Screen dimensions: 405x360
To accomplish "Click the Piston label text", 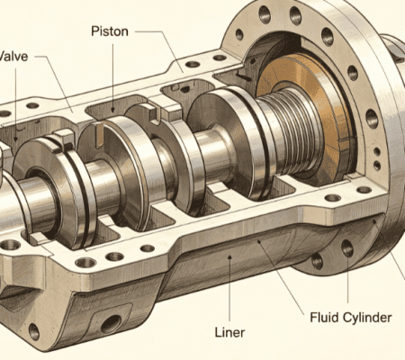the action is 110,31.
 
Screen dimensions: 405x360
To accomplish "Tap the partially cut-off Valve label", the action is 13,57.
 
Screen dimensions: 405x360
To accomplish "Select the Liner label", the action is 229,332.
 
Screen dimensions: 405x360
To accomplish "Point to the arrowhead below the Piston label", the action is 113,109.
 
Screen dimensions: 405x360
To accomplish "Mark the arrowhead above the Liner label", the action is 229,256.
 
